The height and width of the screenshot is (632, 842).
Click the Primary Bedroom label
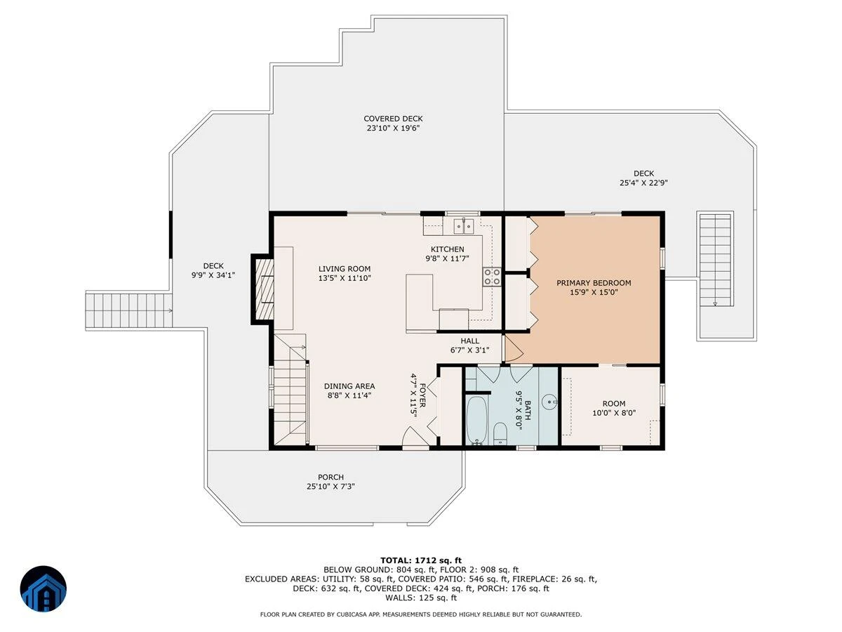point(594,283)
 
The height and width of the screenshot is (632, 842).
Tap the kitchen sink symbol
point(465,225)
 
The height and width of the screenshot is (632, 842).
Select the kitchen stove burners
point(492,277)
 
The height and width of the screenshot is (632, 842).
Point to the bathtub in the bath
point(476,420)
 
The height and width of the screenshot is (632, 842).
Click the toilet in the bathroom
point(500,433)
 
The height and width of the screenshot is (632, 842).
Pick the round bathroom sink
point(550,402)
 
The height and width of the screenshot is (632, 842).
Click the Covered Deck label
point(393,119)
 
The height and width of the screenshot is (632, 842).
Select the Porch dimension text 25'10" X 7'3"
point(330,487)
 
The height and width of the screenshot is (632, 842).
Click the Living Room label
point(345,269)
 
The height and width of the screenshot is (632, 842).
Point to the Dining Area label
point(349,386)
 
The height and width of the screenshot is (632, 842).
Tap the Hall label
point(470,341)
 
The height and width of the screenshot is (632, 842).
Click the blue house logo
point(44,588)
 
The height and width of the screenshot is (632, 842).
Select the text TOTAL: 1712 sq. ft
point(421,560)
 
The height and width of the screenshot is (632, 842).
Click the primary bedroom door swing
point(513,348)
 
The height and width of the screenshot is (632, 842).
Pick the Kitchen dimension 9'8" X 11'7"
point(447,258)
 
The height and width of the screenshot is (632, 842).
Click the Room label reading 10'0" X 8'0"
point(614,413)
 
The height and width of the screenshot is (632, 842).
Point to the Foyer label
point(422,395)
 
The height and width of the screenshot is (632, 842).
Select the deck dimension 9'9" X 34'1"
point(213,275)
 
